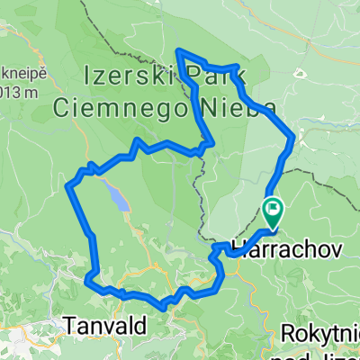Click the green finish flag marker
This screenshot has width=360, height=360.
click(273, 211)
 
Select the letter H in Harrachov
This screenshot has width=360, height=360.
click(237, 246)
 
